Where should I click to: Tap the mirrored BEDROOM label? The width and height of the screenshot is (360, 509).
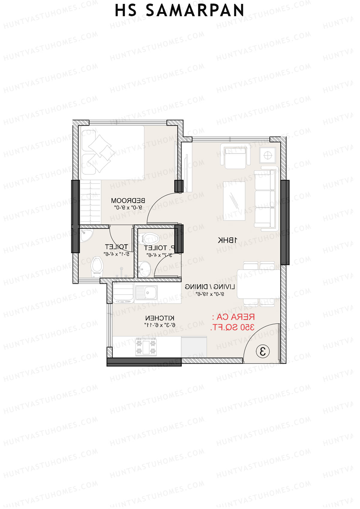click(128, 200)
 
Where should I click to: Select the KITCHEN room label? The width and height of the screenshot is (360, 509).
click(160, 318)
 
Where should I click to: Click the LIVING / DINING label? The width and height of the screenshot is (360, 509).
click(210, 287)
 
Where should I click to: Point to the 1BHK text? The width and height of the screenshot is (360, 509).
click(227, 240)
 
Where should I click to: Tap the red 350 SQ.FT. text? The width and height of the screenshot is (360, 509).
click(232, 328)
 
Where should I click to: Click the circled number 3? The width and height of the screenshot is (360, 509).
click(262, 351)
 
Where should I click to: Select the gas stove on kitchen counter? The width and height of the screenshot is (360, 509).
click(146, 347)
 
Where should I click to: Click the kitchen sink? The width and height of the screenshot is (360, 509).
click(146, 292)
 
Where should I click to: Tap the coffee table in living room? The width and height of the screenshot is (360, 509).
click(234, 201)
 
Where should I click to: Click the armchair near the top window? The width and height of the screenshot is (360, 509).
click(235, 155)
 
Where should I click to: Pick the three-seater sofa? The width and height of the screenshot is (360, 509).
click(265, 199)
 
